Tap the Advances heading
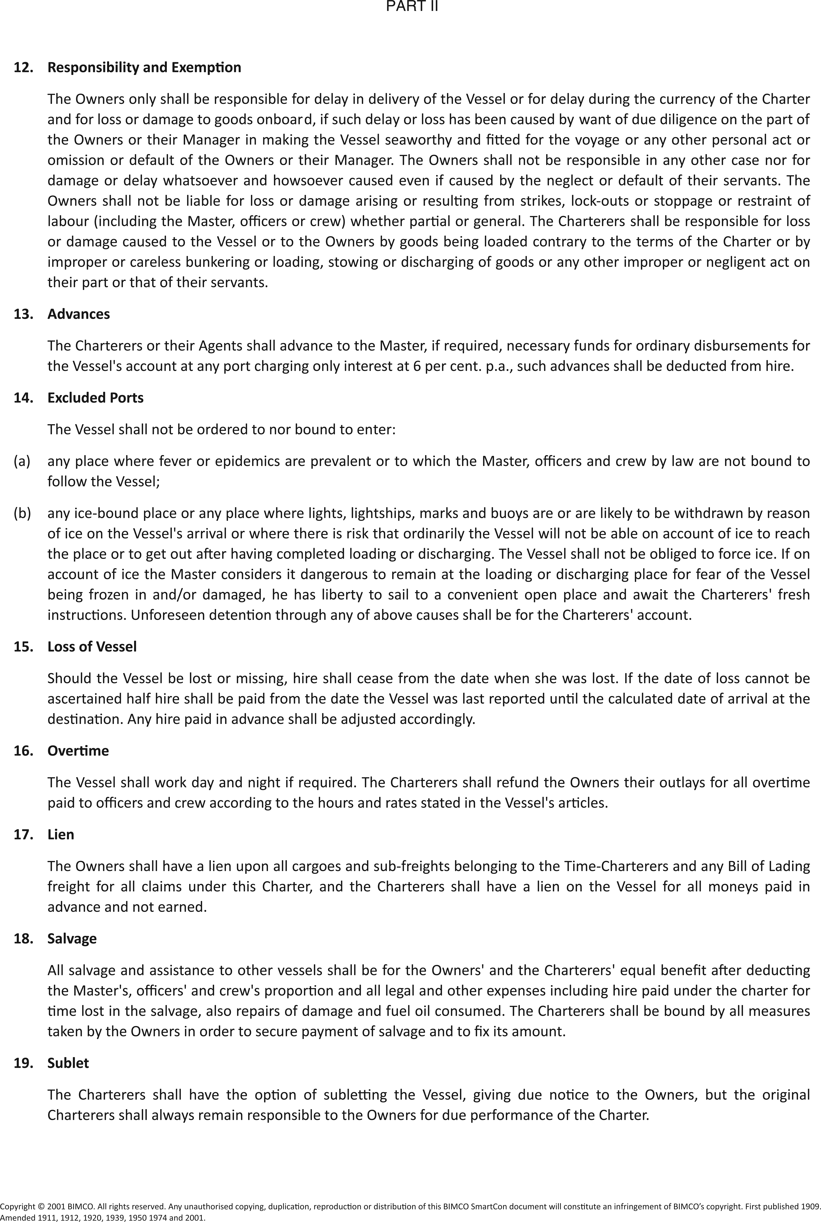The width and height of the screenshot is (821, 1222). point(79,314)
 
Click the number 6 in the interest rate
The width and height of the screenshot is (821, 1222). point(416,366)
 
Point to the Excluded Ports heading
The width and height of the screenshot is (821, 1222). point(95,398)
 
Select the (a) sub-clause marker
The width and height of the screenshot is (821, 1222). point(22,461)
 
